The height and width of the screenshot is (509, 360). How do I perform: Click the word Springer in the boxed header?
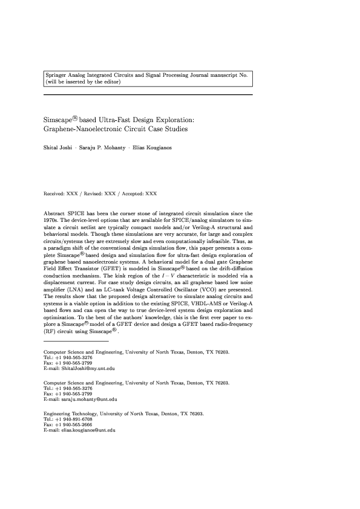point(56,75)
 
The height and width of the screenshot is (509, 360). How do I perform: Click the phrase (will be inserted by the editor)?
point(83,82)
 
